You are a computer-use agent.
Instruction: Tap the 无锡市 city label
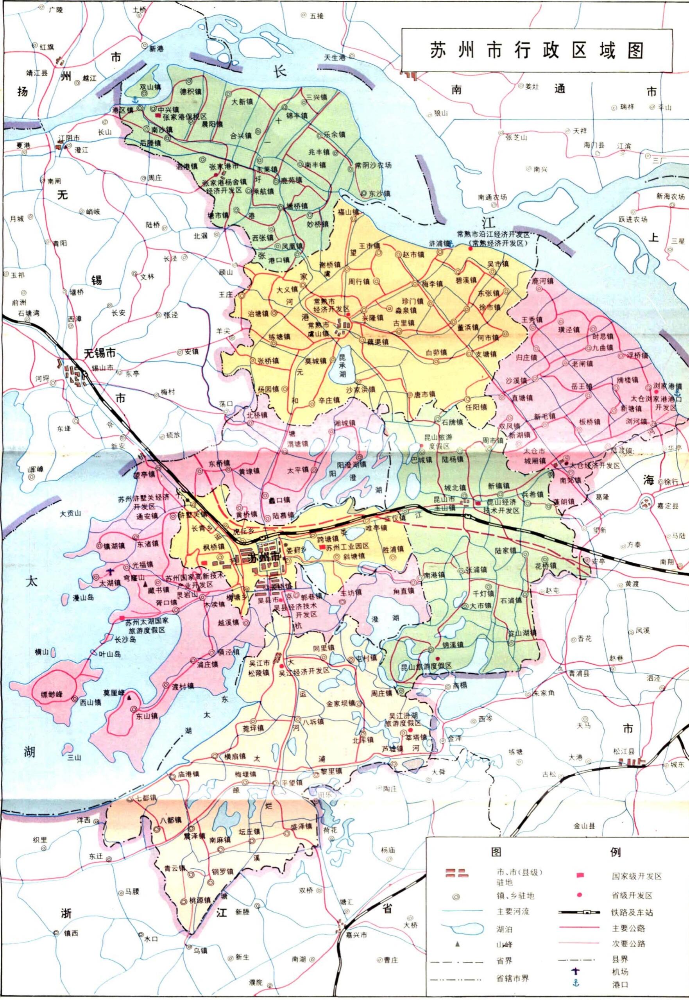tap(100, 354)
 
